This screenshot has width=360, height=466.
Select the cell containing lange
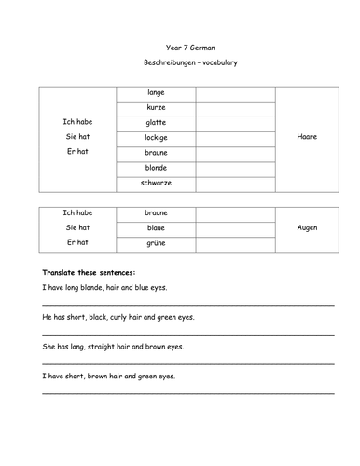pyautogui.click(x=156, y=93)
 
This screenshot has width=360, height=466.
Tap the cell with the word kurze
pyautogui.click(x=156, y=108)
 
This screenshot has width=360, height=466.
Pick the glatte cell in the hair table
pyautogui.click(x=156, y=123)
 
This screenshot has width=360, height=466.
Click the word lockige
pyautogui.click(x=156, y=138)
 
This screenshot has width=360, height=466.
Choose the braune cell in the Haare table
pyautogui.click(x=156, y=153)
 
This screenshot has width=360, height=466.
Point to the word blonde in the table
pyautogui.click(x=156, y=168)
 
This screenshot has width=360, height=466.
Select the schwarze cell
pyautogui.click(x=156, y=183)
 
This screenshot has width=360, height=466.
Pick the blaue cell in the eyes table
pyautogui.click(x=156, y=227)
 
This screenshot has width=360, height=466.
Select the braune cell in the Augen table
pyautogui.click(x=156, y=212)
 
